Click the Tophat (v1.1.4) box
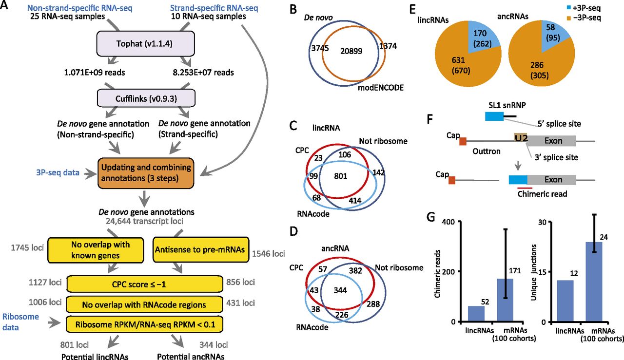(145, 44)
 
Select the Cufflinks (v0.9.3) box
(146, 98)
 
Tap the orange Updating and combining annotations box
(146, 173)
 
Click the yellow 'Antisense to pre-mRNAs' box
(201, 249)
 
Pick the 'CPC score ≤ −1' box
(145, 284)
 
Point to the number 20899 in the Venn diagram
(351, 51)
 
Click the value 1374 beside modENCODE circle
(388, 46)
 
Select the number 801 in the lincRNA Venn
(340, 176)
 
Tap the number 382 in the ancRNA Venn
(355, 270)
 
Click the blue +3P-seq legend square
(568, 8)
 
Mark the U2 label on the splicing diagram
(521, 138)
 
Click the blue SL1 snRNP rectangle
(494, 116)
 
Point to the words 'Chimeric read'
(542, 194)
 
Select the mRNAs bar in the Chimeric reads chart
(505, 300)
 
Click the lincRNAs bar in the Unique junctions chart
(565, 301)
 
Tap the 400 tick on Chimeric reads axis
(448, 222)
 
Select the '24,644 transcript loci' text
(144, 221)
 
